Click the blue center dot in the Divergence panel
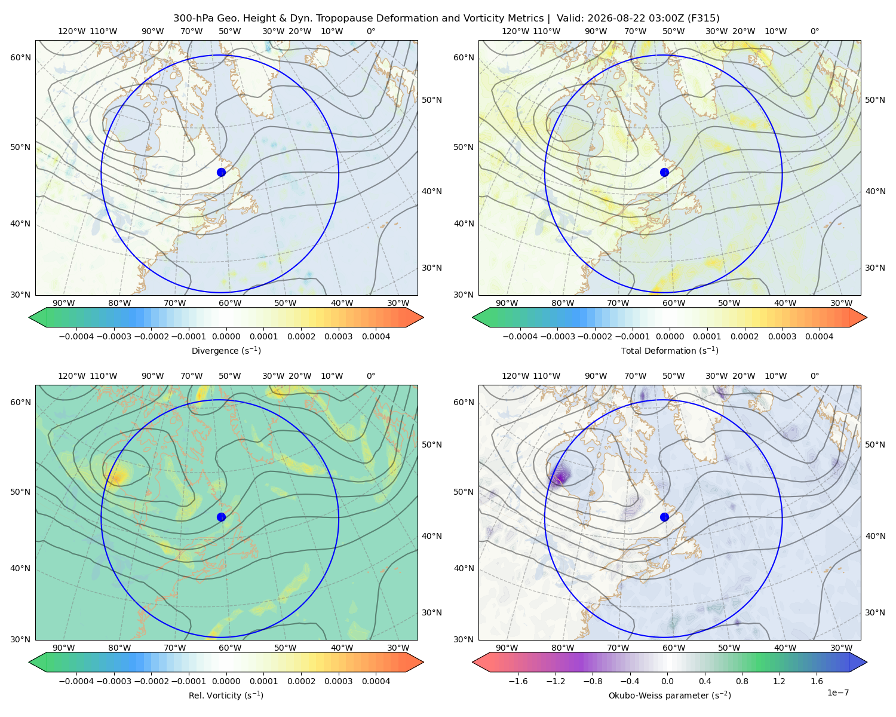pyautogui.click(x=221, y=172)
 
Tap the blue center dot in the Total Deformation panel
pyautogui.click(x=664, y=172)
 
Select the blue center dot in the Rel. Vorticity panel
pyautogui.click(x=221, y=517)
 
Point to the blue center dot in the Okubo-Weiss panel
pyautogui.click(x=664, y=517)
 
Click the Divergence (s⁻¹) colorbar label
pyautogui.click(x=226, y=350)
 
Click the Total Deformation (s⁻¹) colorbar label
pyautogui.click(x=670, y=350)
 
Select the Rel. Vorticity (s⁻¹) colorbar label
pyautogui.click(x=226, y=695)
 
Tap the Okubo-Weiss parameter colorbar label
pyautogui.click(x=670, y=695)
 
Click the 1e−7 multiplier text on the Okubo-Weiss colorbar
pyautogui.click(x=837, y=693)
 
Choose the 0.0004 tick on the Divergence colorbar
pyautogui.click(x=376, y=336)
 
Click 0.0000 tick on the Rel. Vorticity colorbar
pyautogui.click(x=226, y=681)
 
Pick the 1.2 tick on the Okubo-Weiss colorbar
pyautogui.click(x=779, y=681)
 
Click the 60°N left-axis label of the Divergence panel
pyautogui.click(x=20, y=57)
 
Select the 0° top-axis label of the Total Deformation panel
pyautogui.click(x=814, y=31)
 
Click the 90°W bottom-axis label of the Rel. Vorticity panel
pyautogui.click(x=64, y=648)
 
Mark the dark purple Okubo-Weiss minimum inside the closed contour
pyautogui.click(x=559, y=475)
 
